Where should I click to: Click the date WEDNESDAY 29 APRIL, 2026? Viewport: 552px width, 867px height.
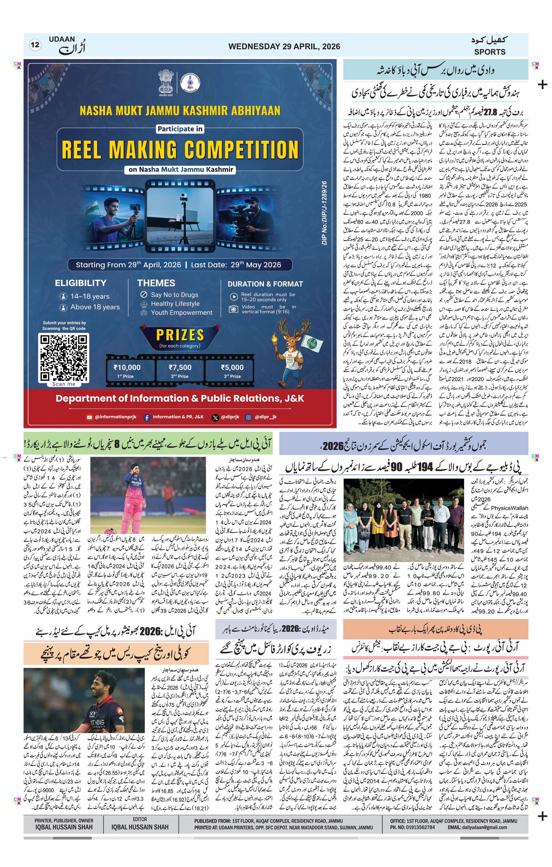click(x=284, y=47)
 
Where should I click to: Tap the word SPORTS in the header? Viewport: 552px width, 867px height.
click(x=489, y=52)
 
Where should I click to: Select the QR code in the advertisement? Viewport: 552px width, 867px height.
click(x=64, y=358)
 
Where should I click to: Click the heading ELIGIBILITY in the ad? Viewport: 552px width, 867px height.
click(x=80, y=283)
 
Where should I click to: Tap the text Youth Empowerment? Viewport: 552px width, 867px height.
click(x=181, y=312)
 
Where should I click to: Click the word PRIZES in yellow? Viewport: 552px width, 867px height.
click(x=180, y=335)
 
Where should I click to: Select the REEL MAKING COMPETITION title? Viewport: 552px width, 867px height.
click(x=180, y=150)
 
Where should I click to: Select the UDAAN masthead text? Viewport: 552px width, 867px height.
click(x=62, y=39)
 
